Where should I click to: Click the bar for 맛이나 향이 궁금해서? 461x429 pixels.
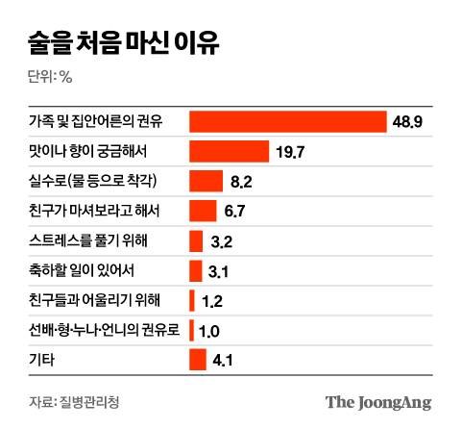click(229, 152)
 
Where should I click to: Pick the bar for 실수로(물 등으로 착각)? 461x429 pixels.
click(206, 182)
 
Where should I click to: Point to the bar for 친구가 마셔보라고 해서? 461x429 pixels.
click(203, 212)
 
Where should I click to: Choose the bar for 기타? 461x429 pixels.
click(198, 359)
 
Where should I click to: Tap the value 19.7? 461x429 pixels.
click(291, 152)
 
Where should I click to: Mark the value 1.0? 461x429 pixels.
click(210, 330)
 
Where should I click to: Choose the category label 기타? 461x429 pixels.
click(43, 359)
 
